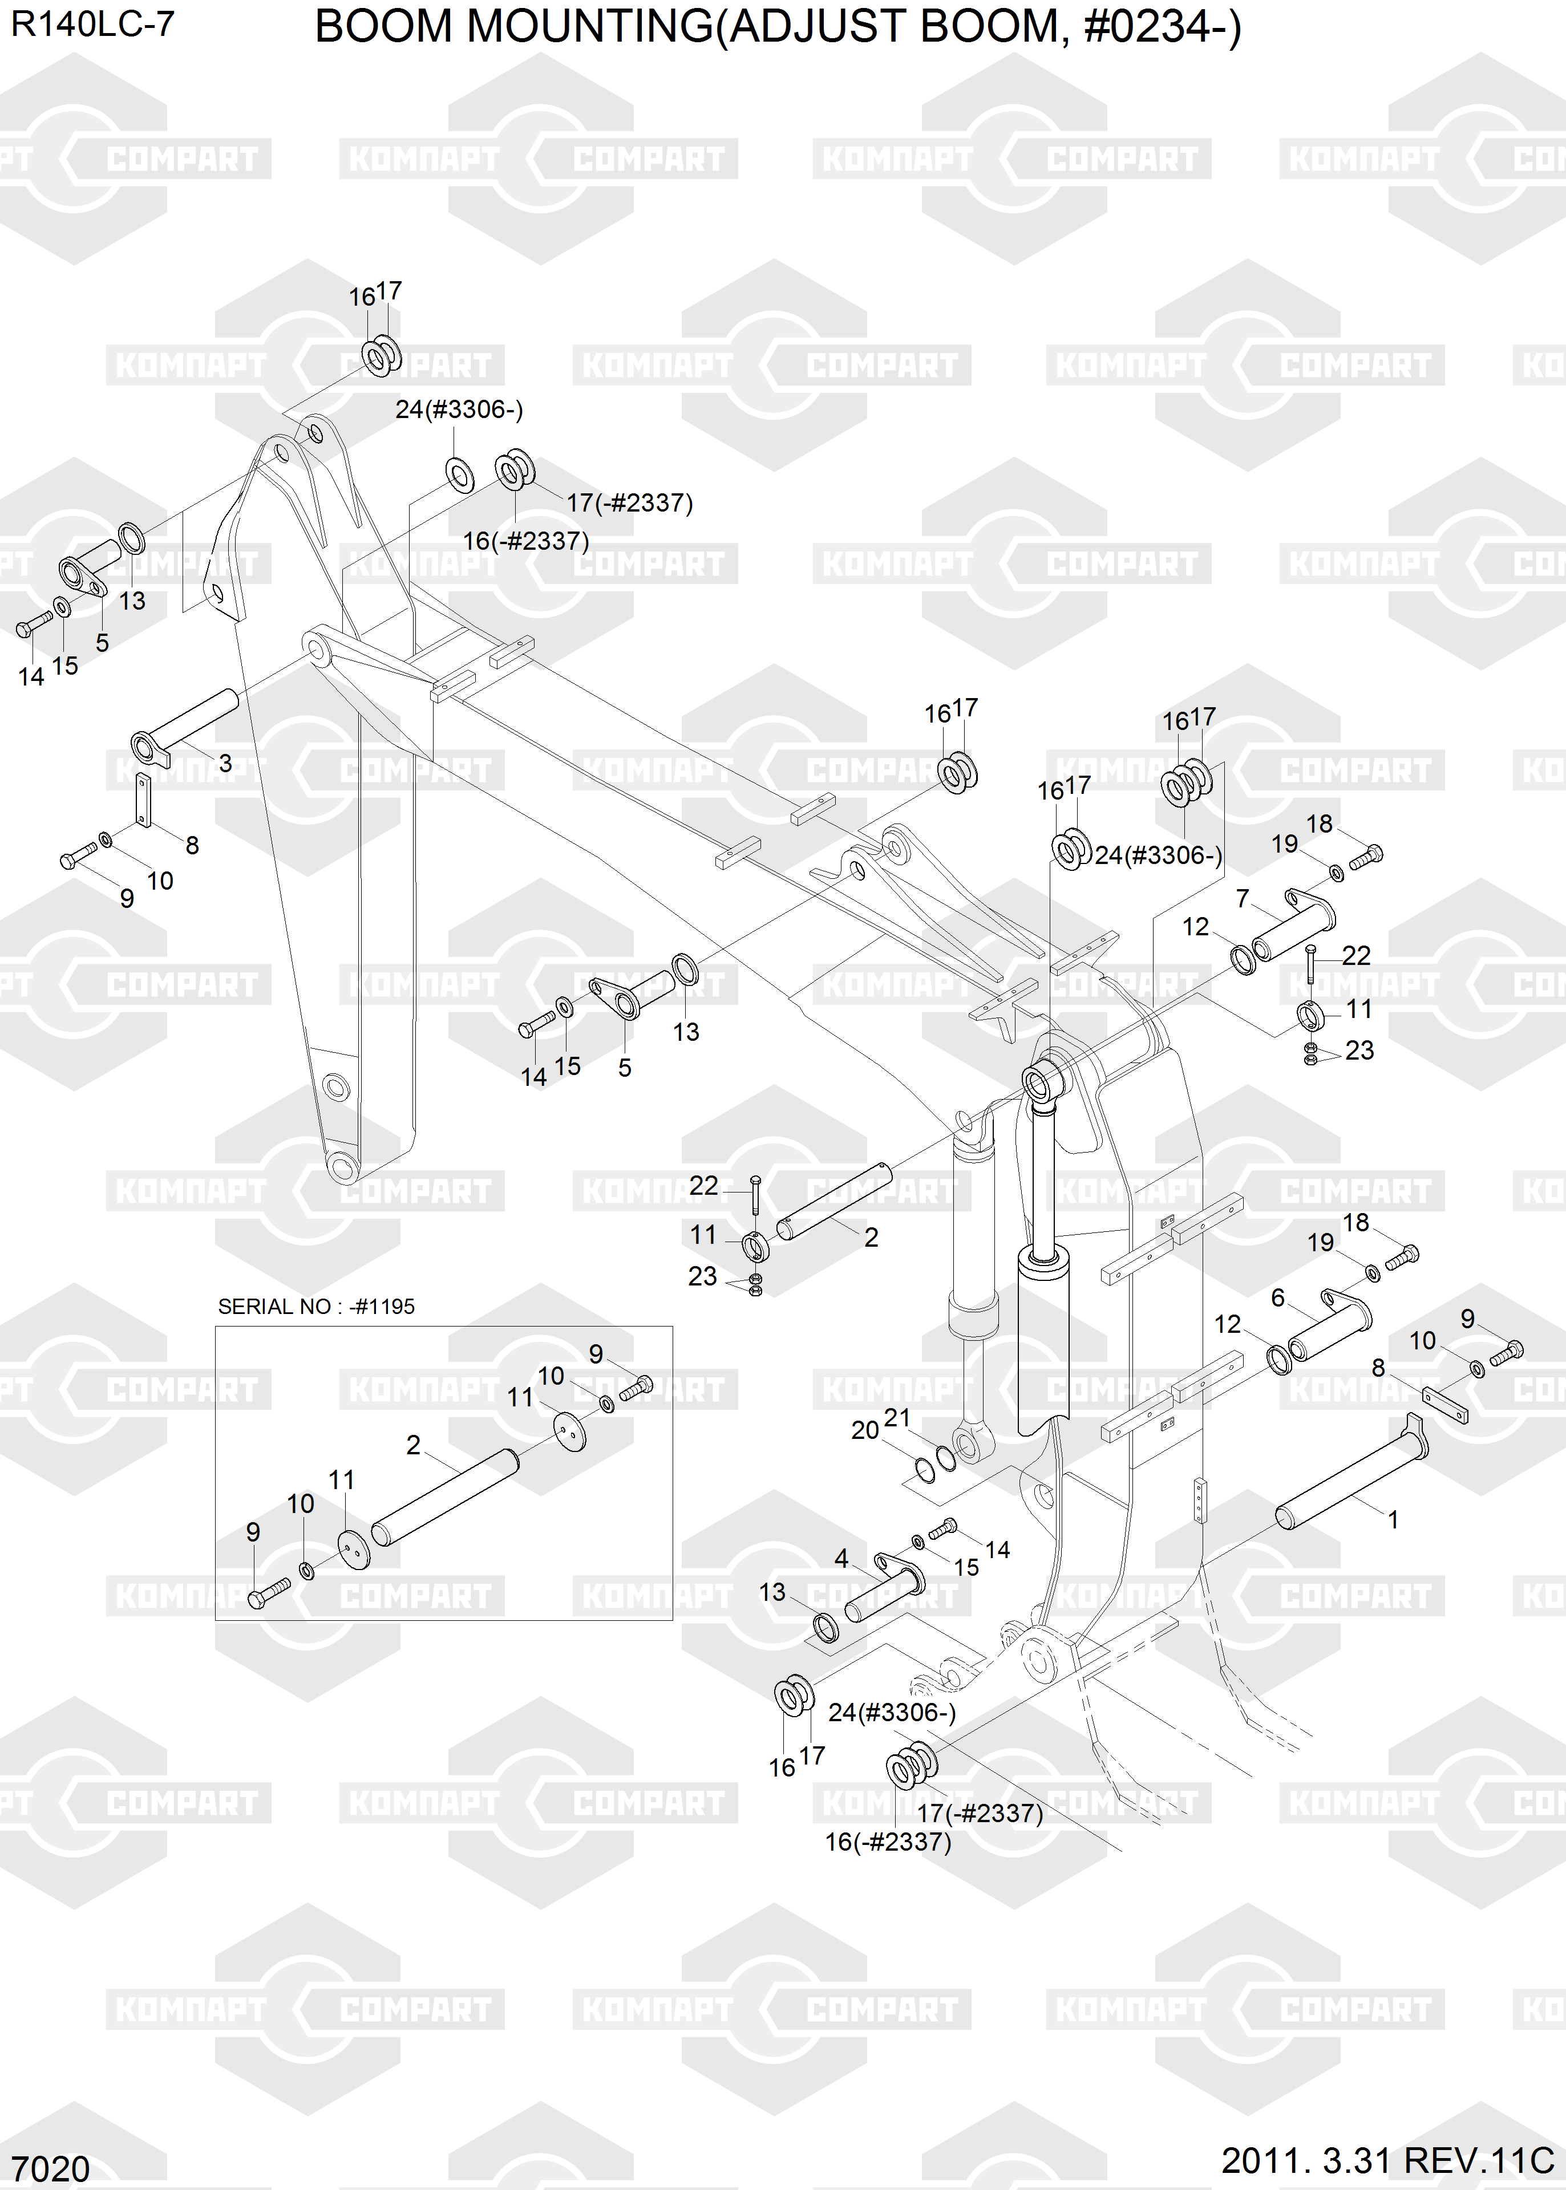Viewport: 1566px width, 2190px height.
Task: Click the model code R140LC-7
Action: [92, 24]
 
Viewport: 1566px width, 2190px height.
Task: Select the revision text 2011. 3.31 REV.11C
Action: [1387, 2160]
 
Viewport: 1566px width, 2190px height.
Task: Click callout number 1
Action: [1393, 1520]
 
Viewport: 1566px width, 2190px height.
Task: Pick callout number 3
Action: [225, 764]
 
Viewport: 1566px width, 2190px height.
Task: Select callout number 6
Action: [1278, 1297]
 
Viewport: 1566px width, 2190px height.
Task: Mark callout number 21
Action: [897, 1417]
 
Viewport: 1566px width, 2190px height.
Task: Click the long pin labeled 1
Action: [1350, 1479]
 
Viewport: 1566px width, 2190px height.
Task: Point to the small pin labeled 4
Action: [883, 1591]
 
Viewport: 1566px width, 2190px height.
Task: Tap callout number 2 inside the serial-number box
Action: [412, 1445]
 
